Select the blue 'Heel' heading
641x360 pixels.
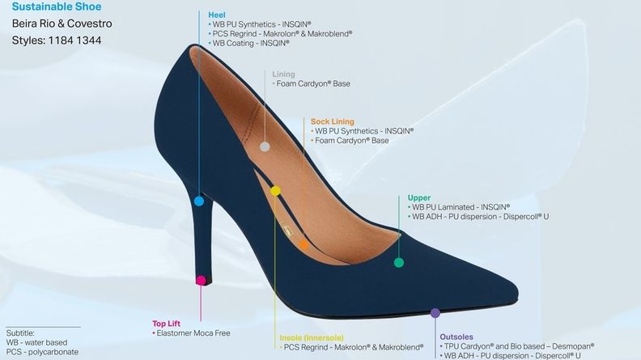pyautogui.click(x=217, y=15)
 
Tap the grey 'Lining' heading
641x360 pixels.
pyautogui.click(x=284, y=74)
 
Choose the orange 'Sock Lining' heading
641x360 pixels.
pyautogui.click(x=332, y=121)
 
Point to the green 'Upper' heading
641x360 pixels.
pyautogui.click(x=419, y=197)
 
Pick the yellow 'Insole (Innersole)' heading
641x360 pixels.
pyautogui.click(x=312, y=337)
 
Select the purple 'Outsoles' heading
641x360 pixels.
pyautogui.click(x=456, y=337)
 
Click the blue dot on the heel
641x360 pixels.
pyautogui.click(x=200, y=200)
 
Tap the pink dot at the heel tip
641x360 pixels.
pyautogui.click(x=201, y=280)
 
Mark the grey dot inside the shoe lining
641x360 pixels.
pyautogui.click(x=265, y=146)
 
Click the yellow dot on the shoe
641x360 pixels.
pyautogui.click(x=276, y=191)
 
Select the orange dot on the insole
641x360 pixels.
pyautogui.click(x=304, y=243)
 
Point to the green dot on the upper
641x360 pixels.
pyautogui.click(x=398, y=262)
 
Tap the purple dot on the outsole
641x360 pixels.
pyautogui.click(x=435, y=312)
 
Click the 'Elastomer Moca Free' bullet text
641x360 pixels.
pyautogui.click(x=192, y=332)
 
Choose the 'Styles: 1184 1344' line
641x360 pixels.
pyautogui.click(x=56, y=40)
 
